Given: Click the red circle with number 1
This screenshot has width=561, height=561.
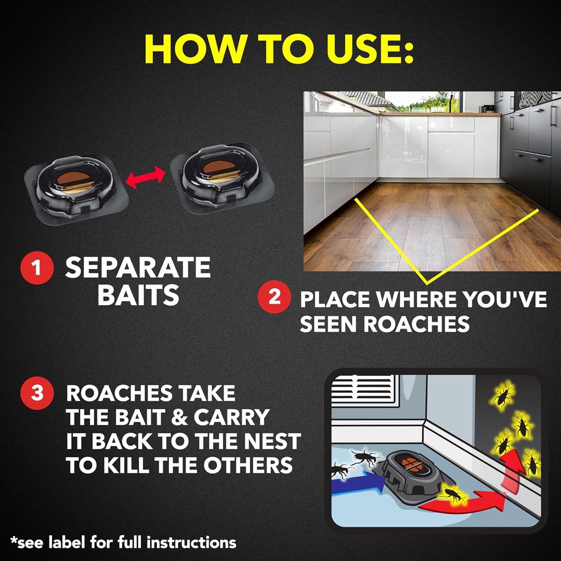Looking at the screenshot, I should pyautogui.click(x=37, y=268).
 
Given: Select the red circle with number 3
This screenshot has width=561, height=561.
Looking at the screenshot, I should pyautogui.click(x=37, y=393).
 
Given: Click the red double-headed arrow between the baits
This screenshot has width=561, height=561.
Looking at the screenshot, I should pyautogui.click(x=145, y=177).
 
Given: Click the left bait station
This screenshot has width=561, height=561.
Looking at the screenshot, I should pyautogui.click(x=76, y=186).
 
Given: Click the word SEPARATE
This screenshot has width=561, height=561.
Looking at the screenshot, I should pyautogui.click(x=138, y=268).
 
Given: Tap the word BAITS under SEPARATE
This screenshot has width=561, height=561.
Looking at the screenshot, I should pyautogui.click(x=138, y=295).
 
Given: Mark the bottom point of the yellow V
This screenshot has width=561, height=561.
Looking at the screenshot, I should pyautogui.click(x=427, y=283).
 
